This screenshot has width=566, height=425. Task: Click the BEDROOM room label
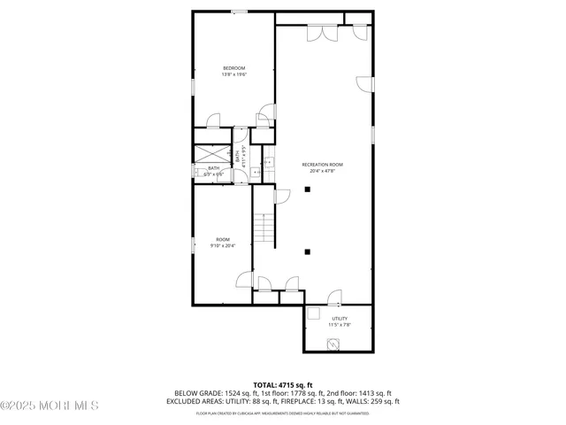click(x=233, y=68)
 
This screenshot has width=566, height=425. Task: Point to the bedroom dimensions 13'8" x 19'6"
click(x=233, y=74)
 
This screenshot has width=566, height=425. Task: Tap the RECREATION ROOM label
click(x=322, y=165)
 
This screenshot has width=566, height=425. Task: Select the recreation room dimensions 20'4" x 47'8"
click(x=322, y=171)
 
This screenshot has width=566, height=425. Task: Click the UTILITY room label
click(x=340, y=318)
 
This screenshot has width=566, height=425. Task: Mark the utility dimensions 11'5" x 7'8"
click(x=340, y=325)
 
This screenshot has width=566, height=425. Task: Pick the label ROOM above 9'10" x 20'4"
click(x=223, y=239)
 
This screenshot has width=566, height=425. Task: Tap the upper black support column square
click(x=308, y=189)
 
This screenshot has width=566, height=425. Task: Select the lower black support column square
click(x=308, y=251)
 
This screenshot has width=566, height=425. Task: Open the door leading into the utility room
click(x=333, y=297)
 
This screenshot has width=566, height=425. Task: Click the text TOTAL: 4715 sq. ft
click(x=282, y=385)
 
